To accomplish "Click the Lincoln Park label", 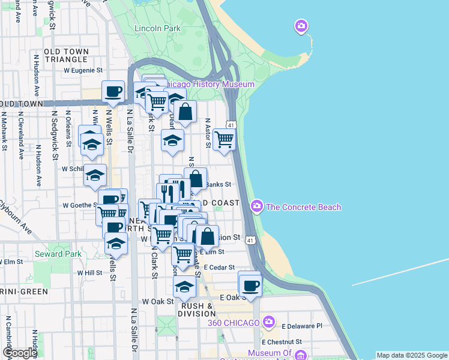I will pos(157,28).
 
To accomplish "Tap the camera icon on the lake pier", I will pos(301,26).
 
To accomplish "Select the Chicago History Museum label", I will pos(209,85).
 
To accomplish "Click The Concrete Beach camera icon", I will pos(257,206).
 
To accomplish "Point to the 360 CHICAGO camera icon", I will pos(268,322).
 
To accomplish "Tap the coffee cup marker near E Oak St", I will pos(250,285).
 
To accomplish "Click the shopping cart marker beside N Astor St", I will pos(224,139).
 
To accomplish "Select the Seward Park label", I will pos(58,254).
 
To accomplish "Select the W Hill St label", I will pos(89,272).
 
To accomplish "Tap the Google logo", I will pos(20,353).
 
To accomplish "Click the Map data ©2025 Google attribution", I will pos(411,355).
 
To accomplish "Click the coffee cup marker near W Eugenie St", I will pos(113,92).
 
